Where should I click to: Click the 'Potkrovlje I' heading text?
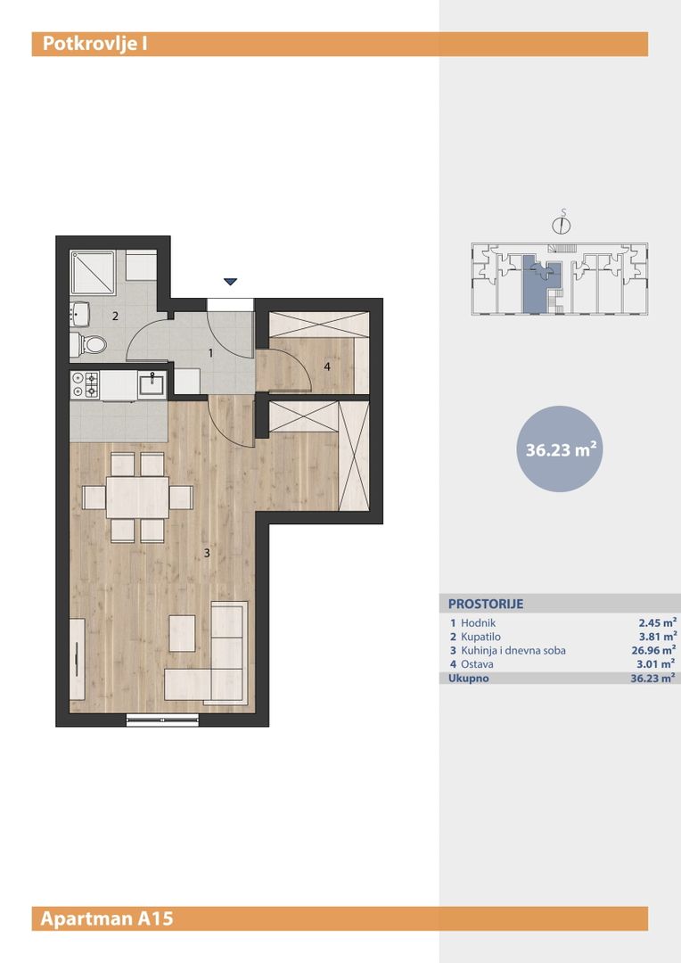coord(94,45)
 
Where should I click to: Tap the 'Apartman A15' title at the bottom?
coord(107,918)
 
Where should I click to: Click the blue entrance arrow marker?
coord(230,282)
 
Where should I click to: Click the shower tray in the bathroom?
coord(93,272)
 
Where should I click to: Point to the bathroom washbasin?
coord(80,314)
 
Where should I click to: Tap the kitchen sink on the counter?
coord(151,384)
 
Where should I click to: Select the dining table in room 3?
coord(137,498)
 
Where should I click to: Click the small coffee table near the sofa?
coord(183,633)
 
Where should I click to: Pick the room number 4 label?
coord(327,366)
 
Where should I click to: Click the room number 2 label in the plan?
coord(115,317)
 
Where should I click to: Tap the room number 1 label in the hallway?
coord(210,353)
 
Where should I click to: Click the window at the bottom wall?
coord(163,720)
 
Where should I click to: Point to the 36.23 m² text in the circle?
coord(561,450)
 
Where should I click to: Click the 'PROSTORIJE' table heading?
coord(486,604)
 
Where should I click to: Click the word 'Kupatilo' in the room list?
coord(480,637)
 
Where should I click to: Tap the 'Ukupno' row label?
coord(469,678)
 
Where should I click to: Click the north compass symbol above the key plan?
coord(562,224)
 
